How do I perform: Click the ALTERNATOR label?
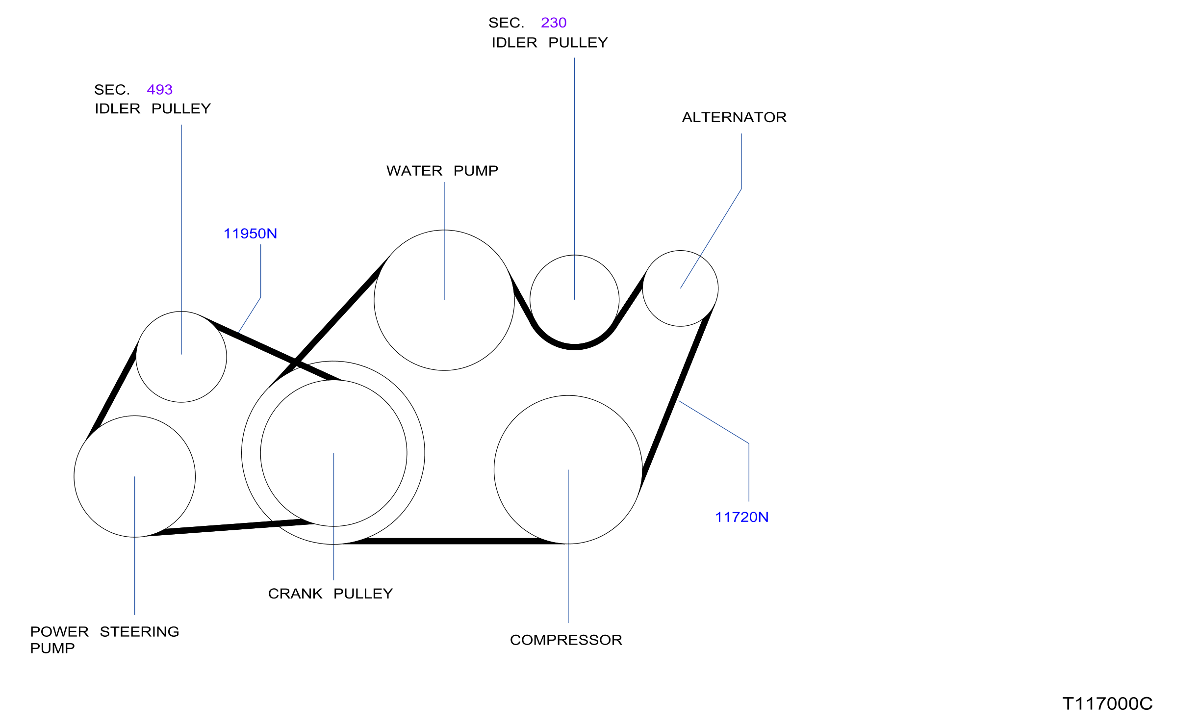point(734,117)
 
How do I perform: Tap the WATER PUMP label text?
point(442,171)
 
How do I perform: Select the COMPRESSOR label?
point(566,640)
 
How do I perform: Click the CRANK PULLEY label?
point(331,594)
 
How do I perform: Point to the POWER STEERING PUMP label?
point(104,640)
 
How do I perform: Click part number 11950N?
point(250,234)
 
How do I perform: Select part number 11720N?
point(741,517)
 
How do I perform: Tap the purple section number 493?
point(160,90)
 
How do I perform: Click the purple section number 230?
point(554,23)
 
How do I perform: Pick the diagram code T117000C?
point(1107,703)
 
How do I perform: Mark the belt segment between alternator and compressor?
point(676,399)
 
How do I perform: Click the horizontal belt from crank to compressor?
point(451,541)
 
